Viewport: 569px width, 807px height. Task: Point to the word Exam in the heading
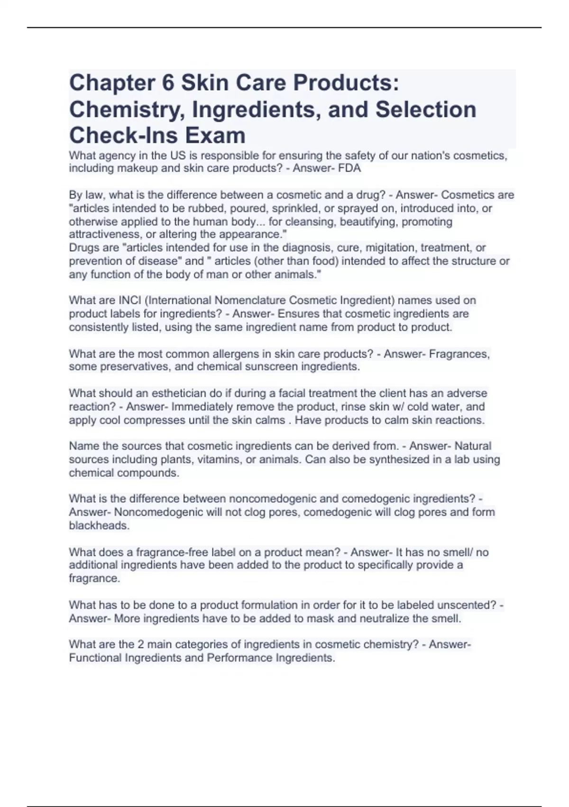point(215,136)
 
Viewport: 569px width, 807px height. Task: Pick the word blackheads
point(99,526)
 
